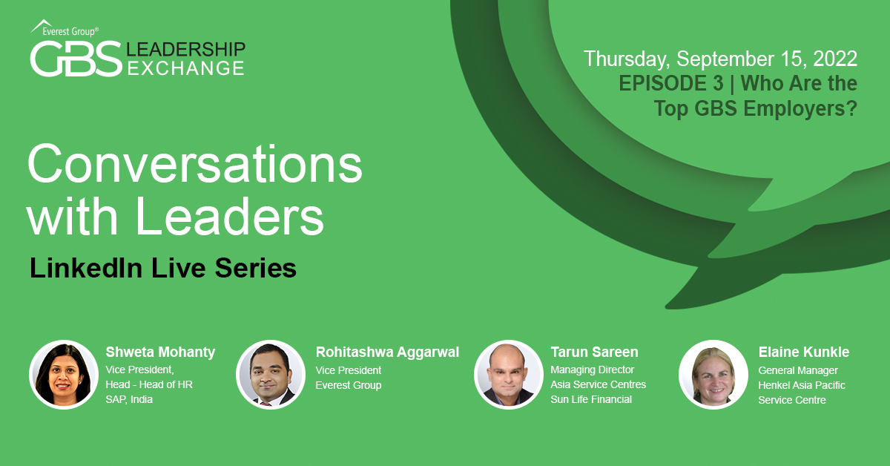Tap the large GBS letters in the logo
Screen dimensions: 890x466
pyautogui.click(x=76, y=59)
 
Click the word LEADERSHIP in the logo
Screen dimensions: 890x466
pyautogui.click(x=185, y=49)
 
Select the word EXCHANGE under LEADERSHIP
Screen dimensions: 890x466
pyautogui.click(x=185, y=68)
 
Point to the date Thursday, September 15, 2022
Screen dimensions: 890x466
pyautogui.click(x=720, y=59)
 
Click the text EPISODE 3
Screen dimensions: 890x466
pyautogui.click(x=671, y=84)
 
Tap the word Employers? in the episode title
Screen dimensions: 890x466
pyautogui.click(x=800, y=108)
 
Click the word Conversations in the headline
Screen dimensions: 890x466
pyautogui.click(x=194, y=164)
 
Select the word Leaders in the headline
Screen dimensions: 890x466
pyautogui.click(x=230, y=217)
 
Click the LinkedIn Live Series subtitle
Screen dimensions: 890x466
pyautogui.click(x=163, y=268)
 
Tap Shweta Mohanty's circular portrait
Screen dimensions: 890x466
pyautogui.click(x=64, y=375)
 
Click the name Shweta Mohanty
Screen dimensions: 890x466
pyautogui.click(x=160, y=352)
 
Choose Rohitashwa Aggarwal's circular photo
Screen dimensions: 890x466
pyautogui.click(x=271, y=375)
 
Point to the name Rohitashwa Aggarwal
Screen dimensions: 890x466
pyautogui.click(x=387, y=352)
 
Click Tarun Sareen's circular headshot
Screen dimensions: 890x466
pyautogui.click(x=509, y=375)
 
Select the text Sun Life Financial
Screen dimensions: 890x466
pyautogui.click(x=591, y=399)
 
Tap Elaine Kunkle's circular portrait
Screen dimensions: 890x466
pyautogui.click(x=713, y=375)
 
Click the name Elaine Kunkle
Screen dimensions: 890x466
pyautogui.click(x=804, y=352)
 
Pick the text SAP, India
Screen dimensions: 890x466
pyautogui.click(x=129, y=399)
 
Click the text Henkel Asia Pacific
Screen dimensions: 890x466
pyautogui.click(x=802, y=385)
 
